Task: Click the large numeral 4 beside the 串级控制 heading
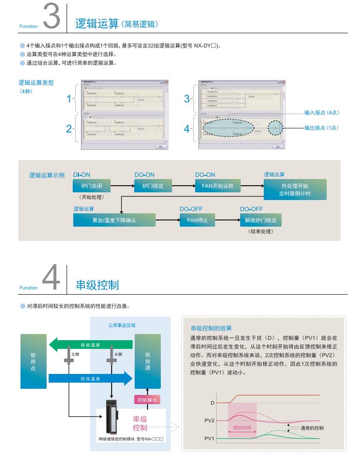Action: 52,278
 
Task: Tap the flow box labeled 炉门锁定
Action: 153,186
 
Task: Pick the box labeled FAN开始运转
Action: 217,186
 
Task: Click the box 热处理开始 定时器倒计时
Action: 294,189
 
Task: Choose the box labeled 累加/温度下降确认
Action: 114,220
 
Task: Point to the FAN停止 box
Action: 197,220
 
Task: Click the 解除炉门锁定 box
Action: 261,220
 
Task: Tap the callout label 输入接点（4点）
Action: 322,113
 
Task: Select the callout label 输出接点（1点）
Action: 322,128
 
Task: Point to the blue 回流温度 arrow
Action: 90,379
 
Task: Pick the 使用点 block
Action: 33,361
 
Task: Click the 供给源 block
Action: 147,361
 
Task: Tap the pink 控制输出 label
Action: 147,400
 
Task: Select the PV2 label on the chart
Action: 209,420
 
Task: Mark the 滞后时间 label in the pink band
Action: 242,428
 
